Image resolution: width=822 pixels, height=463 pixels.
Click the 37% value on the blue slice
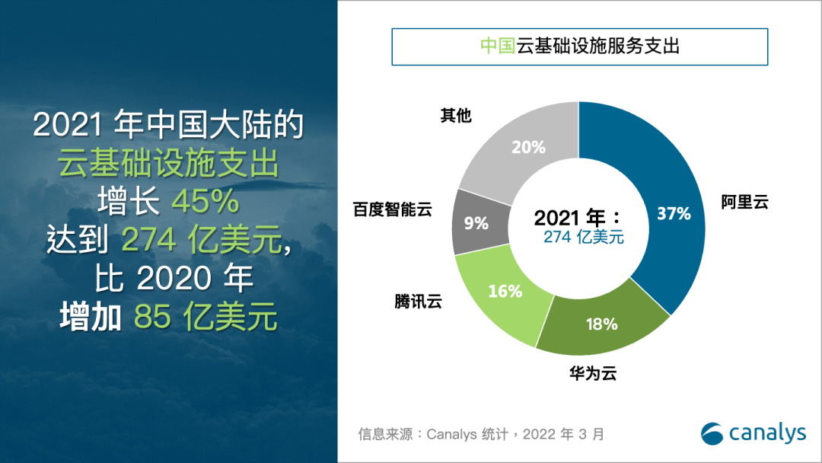tap(674, 214)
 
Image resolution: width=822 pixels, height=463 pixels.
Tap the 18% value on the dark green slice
tap(601, 324)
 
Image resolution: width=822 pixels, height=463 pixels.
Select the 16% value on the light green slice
tap(505, 291)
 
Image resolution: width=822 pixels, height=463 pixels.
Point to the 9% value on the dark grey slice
tap(476, 223)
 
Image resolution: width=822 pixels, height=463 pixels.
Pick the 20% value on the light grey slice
tap(528, 147)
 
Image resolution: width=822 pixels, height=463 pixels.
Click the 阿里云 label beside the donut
tap(745, 203)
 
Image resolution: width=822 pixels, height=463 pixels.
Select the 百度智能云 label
tap(393, 209)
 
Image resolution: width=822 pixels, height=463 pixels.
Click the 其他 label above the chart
tap(456, 116)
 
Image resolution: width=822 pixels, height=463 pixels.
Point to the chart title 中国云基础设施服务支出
tap(579, 46)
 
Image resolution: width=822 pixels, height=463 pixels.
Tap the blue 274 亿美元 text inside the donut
tap(584, 238)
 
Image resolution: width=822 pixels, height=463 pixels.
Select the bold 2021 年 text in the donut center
tap(577, 218)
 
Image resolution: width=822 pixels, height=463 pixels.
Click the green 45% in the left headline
tap(205, 202)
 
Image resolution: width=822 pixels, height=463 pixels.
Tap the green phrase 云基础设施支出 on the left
tap(168, 163)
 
